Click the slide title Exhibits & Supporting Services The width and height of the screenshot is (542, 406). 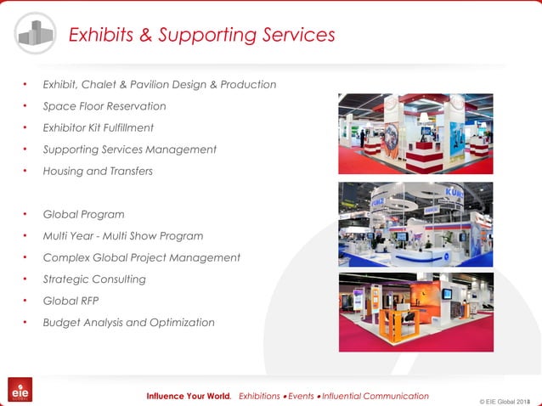[201, 35]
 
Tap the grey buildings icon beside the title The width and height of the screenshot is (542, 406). [36, 33]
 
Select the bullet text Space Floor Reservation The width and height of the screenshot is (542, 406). [104, 106]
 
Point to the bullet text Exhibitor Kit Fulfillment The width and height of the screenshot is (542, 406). [98, 127]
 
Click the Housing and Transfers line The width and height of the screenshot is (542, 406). [98, 171]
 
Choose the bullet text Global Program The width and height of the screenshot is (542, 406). [83, 214]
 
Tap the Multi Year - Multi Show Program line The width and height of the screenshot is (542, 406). [122, 235]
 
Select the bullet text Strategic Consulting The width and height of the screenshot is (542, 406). [94, 279]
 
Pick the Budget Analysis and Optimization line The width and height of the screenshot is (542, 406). [128, 322]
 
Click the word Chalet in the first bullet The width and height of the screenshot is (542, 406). [104, 84]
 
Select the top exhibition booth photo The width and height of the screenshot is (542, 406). [415, 133]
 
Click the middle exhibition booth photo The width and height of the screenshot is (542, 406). [415, 223]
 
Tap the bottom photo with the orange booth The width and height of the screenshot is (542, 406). [415, 312]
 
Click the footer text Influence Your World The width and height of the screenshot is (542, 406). [188, 396]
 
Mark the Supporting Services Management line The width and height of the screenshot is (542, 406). [129, 149]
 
